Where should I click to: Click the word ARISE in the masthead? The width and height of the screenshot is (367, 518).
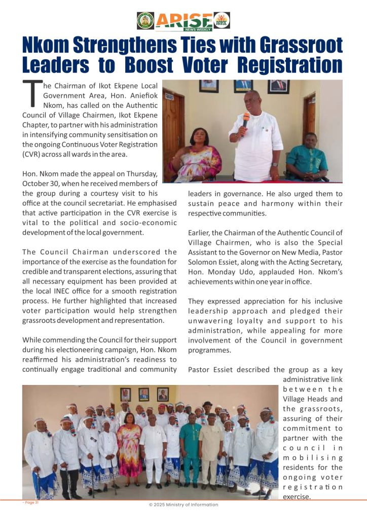pyautogui.click(x=183, y=19)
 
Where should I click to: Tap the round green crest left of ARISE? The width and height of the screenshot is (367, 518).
pyautogui.click(x=145, y=20)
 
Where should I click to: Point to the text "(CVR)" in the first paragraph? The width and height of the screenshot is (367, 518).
pyautogui.click(x=33, y=154)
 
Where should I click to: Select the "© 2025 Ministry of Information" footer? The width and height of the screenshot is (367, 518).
pyautogui.click(x=183, y=504)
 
